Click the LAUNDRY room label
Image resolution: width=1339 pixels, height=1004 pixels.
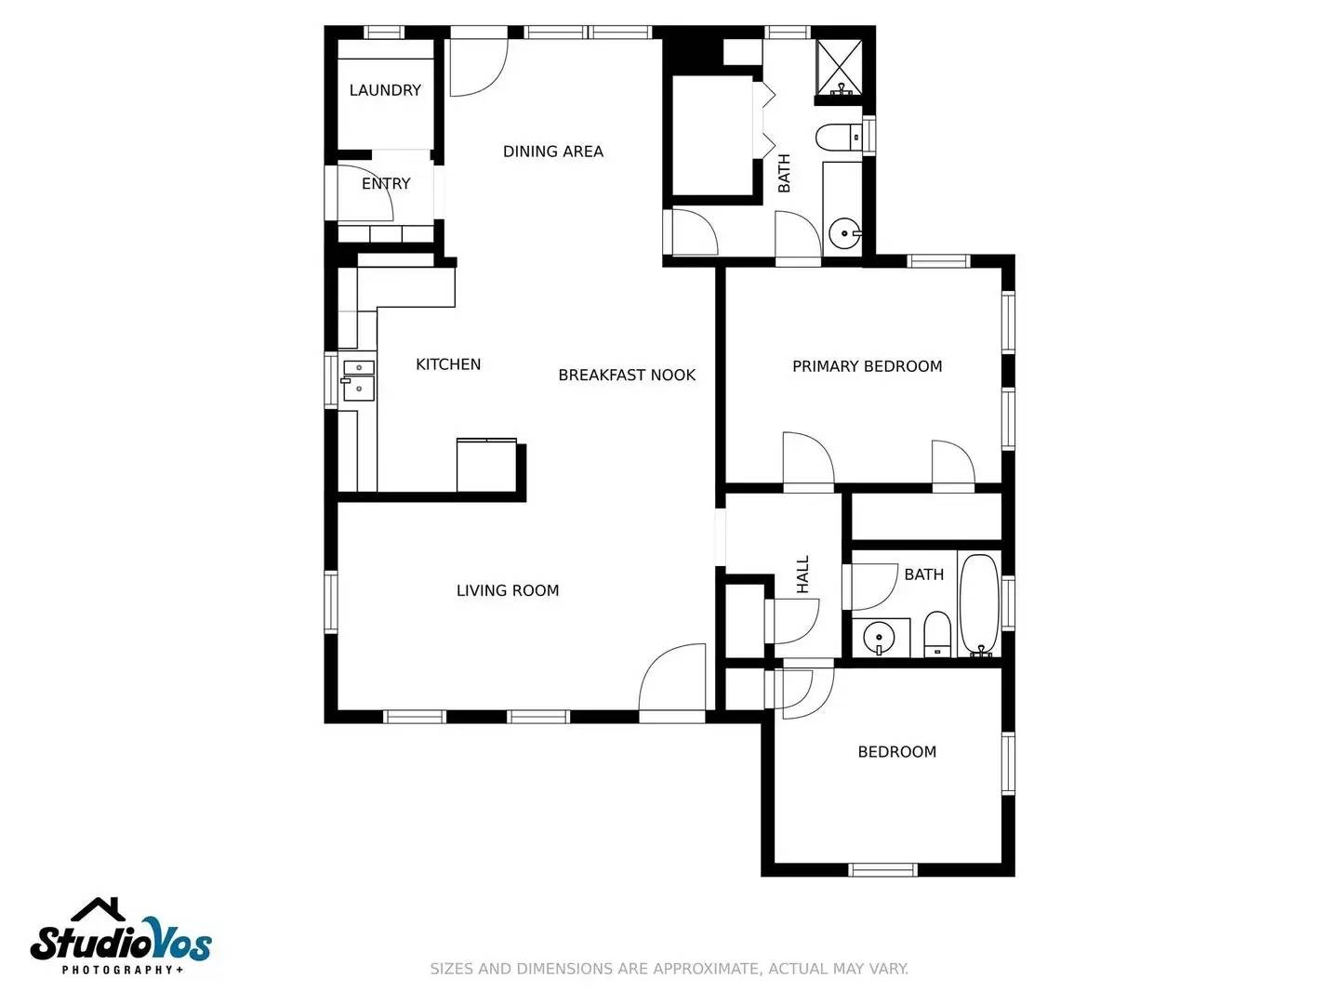point(385,90)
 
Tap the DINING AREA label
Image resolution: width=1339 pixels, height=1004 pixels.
point(552,152)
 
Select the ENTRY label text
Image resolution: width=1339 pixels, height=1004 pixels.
point(386,184)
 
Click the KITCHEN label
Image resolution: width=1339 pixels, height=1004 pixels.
point(448,364)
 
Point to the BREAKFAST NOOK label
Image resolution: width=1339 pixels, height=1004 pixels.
point(627,376)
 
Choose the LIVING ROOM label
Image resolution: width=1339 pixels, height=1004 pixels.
point(508,590)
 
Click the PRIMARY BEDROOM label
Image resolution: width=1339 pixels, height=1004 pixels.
point(867,366)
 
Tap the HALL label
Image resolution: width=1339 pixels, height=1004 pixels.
point(802,575)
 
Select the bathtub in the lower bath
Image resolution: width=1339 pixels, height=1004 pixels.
point(979,604)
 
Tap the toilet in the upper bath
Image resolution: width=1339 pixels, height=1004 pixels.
point(840,139)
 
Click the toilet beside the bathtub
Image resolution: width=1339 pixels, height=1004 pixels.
point(936,634)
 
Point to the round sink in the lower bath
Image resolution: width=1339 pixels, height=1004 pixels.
point(879,639)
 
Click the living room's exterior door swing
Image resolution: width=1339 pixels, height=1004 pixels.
point(671,681)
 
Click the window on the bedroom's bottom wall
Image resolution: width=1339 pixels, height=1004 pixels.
point(882,870)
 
